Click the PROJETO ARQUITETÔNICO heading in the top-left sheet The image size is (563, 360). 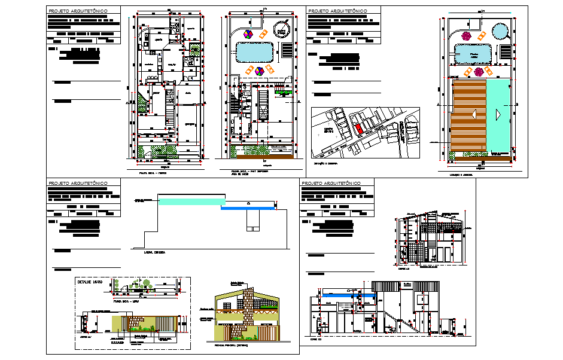pos(78,11)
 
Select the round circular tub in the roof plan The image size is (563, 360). pos(500,29)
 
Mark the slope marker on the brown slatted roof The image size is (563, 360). pos(473,114)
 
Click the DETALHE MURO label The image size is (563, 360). pos(90,281)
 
